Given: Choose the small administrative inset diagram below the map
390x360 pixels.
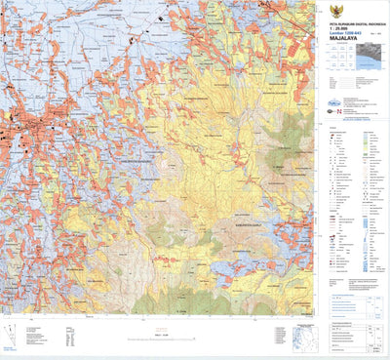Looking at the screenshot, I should tap(303, 338).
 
